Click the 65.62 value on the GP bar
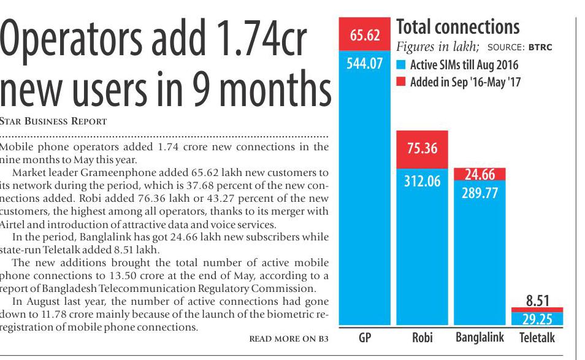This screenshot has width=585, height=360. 365,36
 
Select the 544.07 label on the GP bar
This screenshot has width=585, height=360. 364,63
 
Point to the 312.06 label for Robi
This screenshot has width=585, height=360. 422,182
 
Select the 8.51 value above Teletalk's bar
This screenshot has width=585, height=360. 537,301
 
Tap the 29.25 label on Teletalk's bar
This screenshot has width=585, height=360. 537,319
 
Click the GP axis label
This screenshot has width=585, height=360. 365,339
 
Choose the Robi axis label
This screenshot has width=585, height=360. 422,339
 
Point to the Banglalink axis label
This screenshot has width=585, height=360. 480,339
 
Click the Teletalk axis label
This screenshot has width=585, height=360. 537,339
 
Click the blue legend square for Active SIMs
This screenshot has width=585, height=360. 401,65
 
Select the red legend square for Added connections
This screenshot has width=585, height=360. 401,82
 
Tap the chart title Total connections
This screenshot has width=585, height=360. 457,27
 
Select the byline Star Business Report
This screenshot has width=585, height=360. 53,121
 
